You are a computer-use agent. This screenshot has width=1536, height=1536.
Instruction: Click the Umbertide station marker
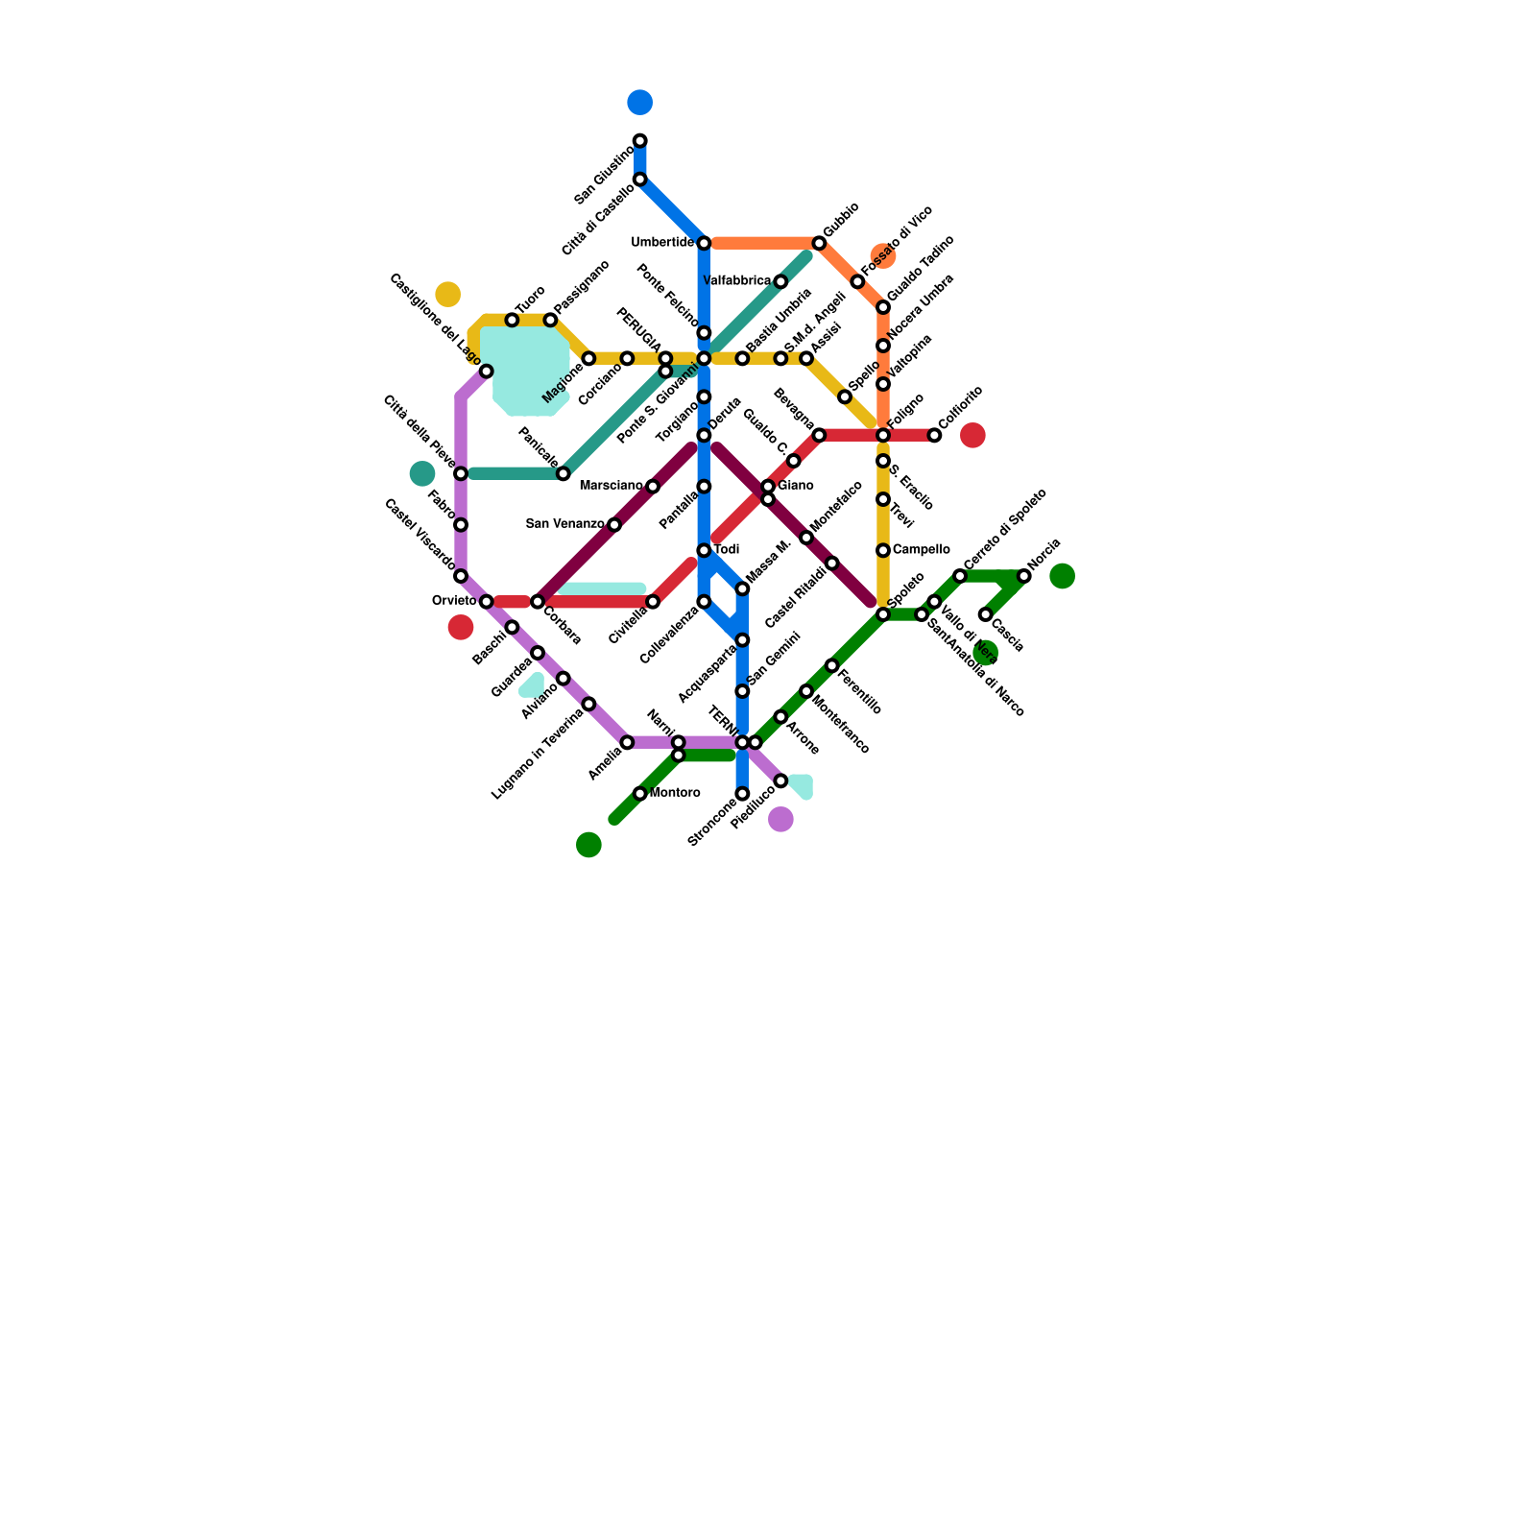[x=704, y=243]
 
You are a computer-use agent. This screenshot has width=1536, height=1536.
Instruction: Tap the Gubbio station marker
[x=819, y=243]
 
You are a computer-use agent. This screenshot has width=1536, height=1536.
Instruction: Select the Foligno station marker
[x=883, y=436]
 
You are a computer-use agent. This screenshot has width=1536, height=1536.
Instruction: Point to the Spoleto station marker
[x=883, y=614]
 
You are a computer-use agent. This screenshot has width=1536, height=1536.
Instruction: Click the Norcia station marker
[x=1024, y=576]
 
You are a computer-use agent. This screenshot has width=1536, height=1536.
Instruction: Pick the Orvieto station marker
[x=487, y=602]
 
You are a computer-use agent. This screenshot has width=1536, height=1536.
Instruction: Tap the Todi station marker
[x=704, y=550]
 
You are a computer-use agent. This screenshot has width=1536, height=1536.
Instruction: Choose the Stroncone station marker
[x=742, y=794]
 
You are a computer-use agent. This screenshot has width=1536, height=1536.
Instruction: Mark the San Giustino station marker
[x=640, y=141]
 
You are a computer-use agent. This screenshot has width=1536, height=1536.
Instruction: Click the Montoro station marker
[x=640, y=794]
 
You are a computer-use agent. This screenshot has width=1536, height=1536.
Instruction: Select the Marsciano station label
[x=611, y=486]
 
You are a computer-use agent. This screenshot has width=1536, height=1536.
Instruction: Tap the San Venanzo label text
[x=564, y=524]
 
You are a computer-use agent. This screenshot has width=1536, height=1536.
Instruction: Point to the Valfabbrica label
[x=736, y=281]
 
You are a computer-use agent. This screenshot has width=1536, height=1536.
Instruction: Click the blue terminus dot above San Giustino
[x=640, y=102]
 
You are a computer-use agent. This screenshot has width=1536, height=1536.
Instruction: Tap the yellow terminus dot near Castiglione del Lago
[x=447, y=294]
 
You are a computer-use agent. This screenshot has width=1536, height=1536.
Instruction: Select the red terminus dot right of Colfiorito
[x=973, y=436]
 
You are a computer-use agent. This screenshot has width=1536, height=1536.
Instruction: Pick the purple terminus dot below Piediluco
[x=781, y=820]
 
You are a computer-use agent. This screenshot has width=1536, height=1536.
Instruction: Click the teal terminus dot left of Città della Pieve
[x=422, y=473]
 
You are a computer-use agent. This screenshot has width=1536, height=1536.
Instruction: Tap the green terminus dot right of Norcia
[x=1063, y=576]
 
